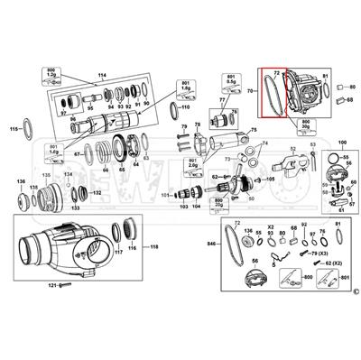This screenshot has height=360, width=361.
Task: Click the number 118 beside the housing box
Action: coord(153,246)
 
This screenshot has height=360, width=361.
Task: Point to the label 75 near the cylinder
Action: coord(254,130)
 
